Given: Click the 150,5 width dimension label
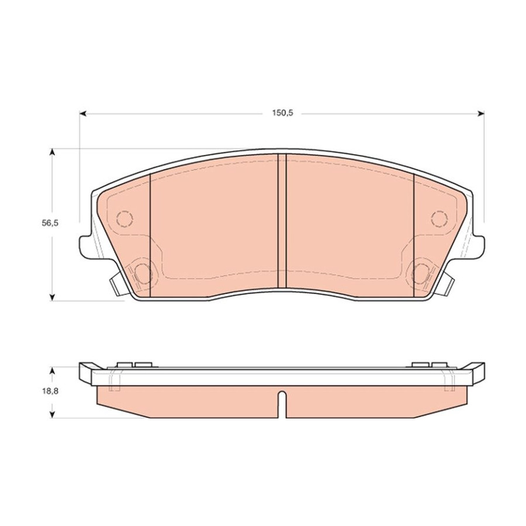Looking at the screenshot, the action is click(282, 113).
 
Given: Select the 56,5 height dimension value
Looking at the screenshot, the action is click(50, 223).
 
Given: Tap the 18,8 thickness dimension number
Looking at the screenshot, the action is click(50, 391).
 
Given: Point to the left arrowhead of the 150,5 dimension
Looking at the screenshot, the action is click(83, 114).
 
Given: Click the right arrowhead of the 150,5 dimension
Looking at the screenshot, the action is click(481, 114).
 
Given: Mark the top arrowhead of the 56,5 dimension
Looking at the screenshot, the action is click(52, 153).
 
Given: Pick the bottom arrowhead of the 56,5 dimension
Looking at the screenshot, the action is click(52, 297).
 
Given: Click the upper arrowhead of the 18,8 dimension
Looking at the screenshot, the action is click(52, 371).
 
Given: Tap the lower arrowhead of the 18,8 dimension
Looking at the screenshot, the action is click(52, 414).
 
